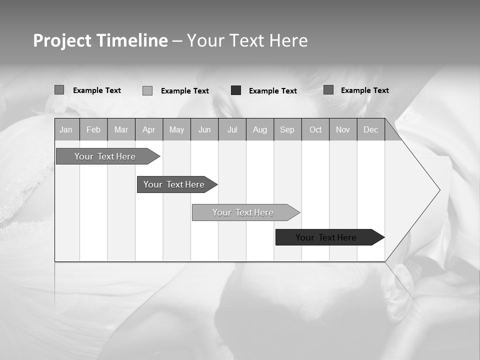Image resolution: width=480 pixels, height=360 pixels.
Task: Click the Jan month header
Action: click(66, 129)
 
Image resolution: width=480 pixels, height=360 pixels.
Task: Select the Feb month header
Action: click(93, 129)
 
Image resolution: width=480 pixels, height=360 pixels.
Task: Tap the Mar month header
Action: click(121, 129)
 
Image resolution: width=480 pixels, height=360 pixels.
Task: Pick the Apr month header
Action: click(149, 129)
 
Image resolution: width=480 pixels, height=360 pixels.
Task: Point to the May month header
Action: click(176, 129)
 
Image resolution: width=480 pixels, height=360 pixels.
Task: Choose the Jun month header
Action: click(204, 129)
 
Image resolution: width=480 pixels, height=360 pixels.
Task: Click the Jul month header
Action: click(232, 129)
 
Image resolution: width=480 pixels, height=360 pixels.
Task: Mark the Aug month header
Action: click(260, 129)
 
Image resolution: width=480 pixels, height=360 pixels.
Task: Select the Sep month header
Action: click(287, 129)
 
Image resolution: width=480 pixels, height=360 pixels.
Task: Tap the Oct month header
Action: click(315, 129)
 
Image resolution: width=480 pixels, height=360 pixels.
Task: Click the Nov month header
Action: click(343, 129)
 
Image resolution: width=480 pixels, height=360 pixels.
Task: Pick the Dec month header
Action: click(371, 129)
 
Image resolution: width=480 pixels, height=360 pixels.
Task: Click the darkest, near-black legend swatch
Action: click(236, 90)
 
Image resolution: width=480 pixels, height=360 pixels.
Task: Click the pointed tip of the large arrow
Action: click(439, 190)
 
